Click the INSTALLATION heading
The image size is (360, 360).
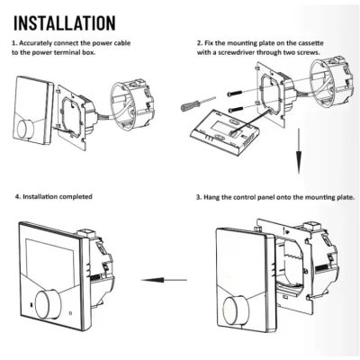click(65, 22)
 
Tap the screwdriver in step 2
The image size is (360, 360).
click(198, 104)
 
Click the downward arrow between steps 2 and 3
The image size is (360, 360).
click(299, 151)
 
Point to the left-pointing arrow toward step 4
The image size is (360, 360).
click(164, 280)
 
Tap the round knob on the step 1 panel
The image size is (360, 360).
click(25, 130)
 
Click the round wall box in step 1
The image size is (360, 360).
click(132, 103)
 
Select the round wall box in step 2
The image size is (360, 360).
click(330, 78)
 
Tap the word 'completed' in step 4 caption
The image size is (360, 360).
click(76, 197)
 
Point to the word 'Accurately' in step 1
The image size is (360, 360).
click(35, 43)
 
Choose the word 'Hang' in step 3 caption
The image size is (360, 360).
click(211, 198)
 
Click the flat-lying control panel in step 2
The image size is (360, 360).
click(224, 131)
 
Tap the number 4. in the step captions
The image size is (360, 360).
click(18, 197)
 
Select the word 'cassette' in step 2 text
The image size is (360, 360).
click(310, 43)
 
